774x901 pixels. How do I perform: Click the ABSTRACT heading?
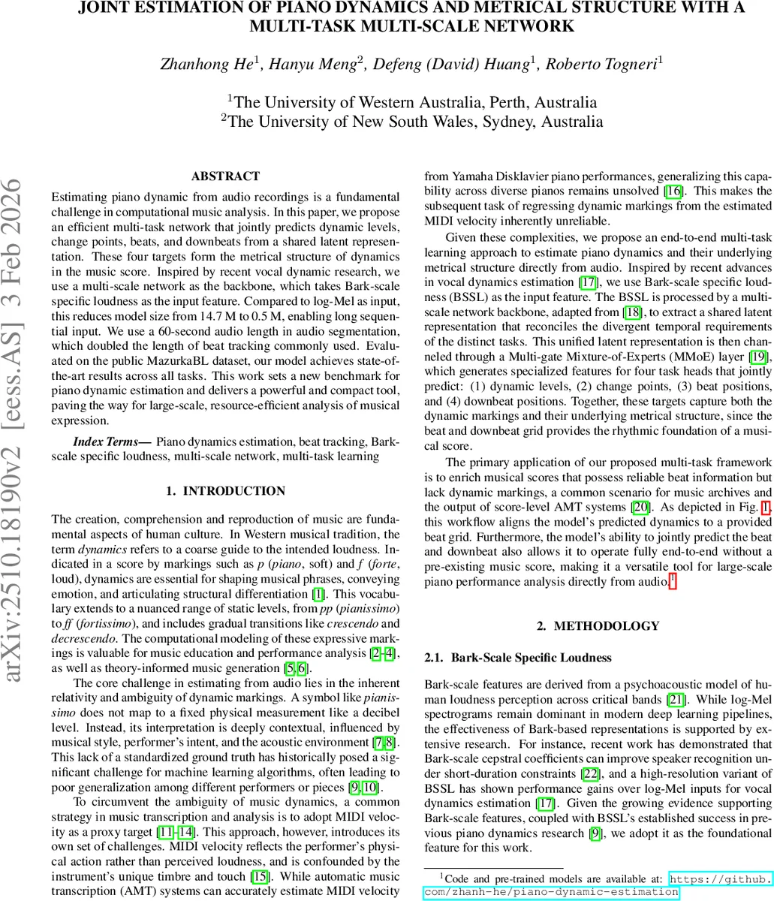pyautogui.click(x=225, y=176)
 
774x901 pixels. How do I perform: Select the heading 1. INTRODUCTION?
pyautogui.click(x=225, y=491)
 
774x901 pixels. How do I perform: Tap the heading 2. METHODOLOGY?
pyautogui.click(x=598, y=625)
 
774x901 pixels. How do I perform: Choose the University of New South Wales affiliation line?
pyautogui.click(x=412, y=122)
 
